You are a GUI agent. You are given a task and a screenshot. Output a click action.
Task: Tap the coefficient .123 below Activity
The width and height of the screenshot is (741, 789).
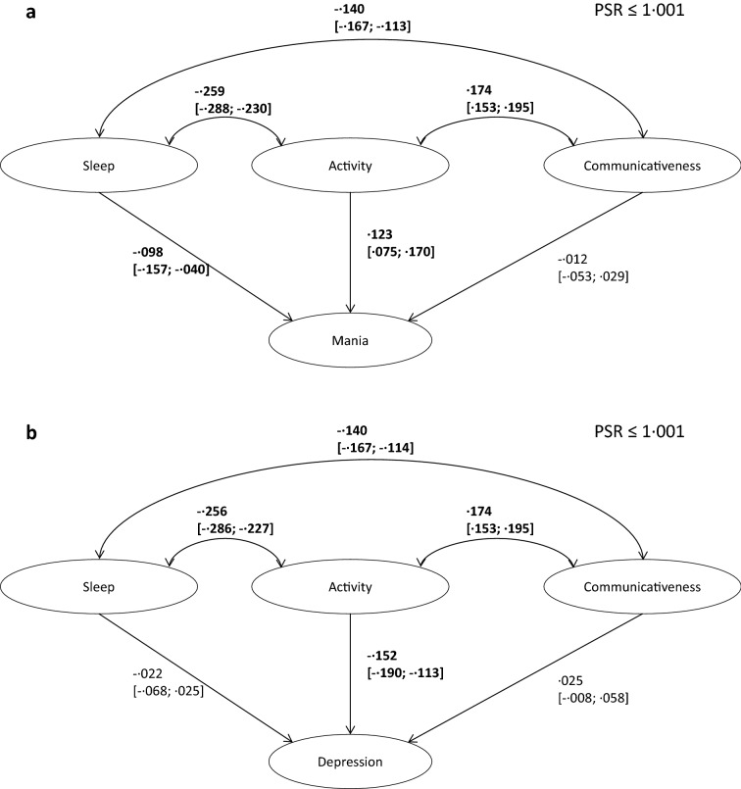[x=381, y=236]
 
